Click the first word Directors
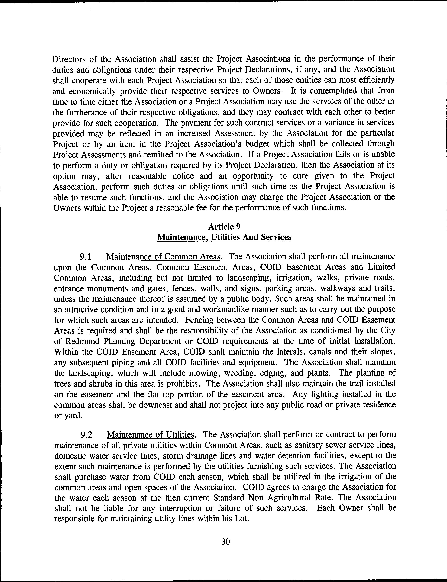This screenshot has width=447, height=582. (70, 59)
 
